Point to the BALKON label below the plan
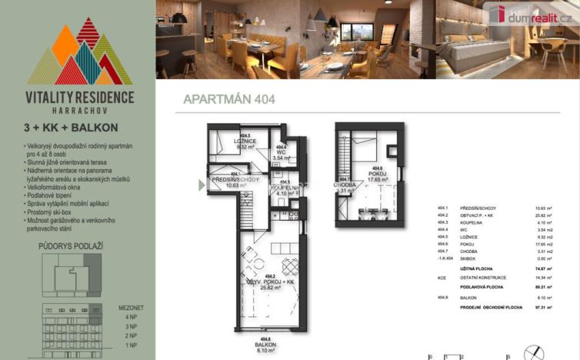click(265, 345)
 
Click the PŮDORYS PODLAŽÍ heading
click(65, 247)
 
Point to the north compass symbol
click(530, 352)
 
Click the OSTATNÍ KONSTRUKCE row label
click(483, 277)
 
